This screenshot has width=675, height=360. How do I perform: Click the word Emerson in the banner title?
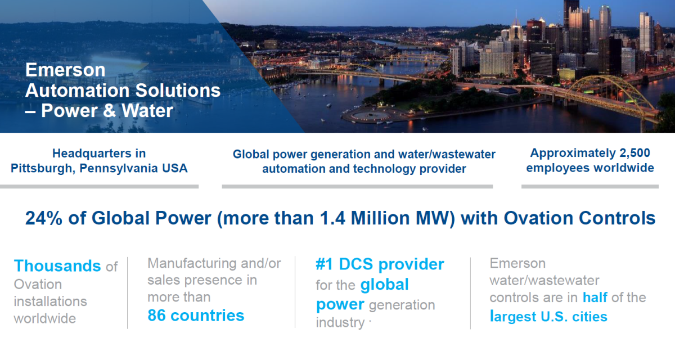click(65, 70)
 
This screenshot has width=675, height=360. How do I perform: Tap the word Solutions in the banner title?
click(178, 91)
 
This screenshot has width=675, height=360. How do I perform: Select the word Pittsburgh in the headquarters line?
click(43, 168)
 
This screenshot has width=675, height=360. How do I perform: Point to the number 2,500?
click(634, 153)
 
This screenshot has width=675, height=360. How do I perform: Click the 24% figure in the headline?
click(44, 218)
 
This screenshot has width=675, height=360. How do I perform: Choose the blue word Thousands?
click(57, 265)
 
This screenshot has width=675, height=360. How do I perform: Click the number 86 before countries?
click(156, 316)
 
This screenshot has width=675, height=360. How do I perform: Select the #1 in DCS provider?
click(324, 264)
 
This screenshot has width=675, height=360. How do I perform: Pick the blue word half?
click(595, 298)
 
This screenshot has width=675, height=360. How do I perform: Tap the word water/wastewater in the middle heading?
click(447, 154)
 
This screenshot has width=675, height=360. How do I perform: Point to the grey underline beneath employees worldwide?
click(590, 187)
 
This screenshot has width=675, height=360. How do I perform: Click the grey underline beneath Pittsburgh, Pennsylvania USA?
click(99, 187)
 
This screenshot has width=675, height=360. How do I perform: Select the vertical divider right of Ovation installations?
click(128, 293)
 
